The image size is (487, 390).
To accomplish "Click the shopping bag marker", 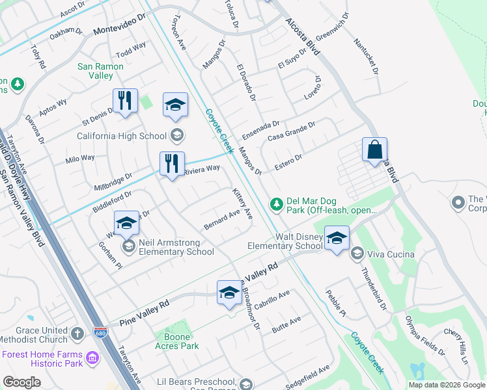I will point(375,150).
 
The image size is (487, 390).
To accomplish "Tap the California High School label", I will point(122,136).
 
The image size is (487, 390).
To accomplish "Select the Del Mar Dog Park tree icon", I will point(277,205).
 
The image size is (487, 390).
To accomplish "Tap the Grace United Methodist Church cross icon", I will point(77,334).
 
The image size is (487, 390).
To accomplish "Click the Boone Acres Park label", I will point(177,341).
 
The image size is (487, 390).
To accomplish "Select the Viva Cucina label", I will point(391,253).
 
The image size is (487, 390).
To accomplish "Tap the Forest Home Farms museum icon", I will point(92,359).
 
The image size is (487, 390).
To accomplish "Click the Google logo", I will point(21,382).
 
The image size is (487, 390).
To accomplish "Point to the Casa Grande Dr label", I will point(291,133).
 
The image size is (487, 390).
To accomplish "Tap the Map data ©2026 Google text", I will point(446,384).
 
